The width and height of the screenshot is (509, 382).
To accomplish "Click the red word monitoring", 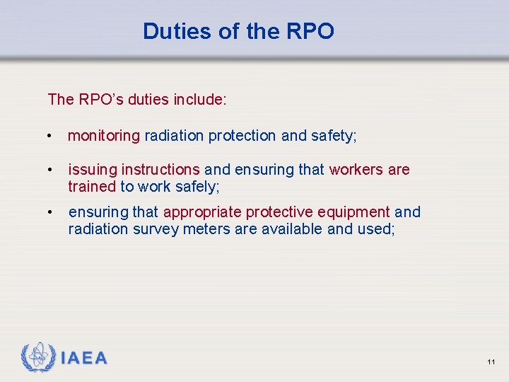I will [104, 136].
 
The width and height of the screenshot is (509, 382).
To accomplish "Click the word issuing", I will [93, 170].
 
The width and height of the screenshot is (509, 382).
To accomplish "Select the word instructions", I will [160, 170].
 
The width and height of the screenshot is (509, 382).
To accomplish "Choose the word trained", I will [91, 187].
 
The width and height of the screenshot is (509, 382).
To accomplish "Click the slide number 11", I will [491, 362].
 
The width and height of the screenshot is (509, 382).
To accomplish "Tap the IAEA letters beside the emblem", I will [84, 358].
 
